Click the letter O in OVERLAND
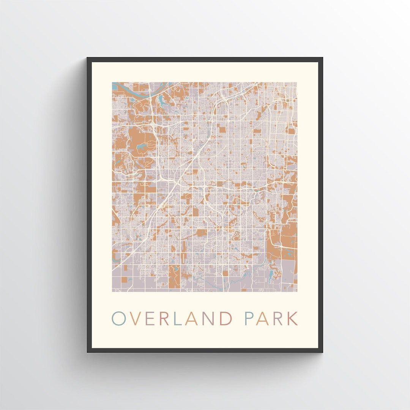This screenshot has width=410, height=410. click(118, 319)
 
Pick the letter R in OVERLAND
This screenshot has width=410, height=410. click(164, 319)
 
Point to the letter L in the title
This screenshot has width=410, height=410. click(177, 319)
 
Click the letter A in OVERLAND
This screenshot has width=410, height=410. click(191, 319)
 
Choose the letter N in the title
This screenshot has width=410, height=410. click(208, 319)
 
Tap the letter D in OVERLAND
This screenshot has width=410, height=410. click(225, 319)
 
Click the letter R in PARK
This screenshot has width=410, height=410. click(278, 319)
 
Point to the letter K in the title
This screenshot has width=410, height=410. click(293, 319)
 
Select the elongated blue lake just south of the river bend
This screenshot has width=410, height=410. click(164, 101)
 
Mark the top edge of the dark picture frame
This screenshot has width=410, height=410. click(205, 59)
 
